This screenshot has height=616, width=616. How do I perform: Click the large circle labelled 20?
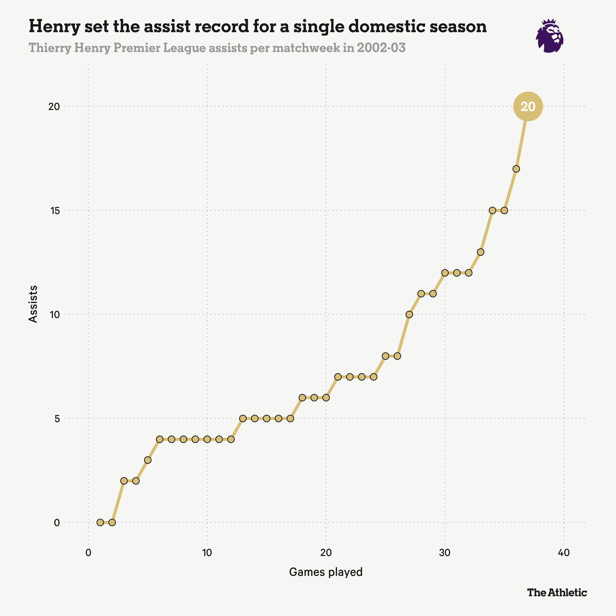(528, 107)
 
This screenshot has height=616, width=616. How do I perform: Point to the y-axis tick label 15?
(54, 210)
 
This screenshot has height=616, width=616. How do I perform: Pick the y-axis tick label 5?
(57, 418)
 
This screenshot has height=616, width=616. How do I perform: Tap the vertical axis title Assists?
(33, 304)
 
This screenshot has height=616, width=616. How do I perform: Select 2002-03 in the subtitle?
(381, 48)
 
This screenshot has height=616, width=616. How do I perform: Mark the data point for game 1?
(100, 522)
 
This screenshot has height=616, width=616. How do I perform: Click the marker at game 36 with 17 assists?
(516, 169)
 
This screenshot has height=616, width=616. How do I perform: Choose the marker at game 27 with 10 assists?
(409, 314)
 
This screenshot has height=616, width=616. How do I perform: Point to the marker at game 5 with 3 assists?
(148, 460)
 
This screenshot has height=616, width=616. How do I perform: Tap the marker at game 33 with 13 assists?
(480, 252)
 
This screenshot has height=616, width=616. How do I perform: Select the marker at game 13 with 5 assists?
(243, 418)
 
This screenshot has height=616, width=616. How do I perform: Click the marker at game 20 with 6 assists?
(326, 398)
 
